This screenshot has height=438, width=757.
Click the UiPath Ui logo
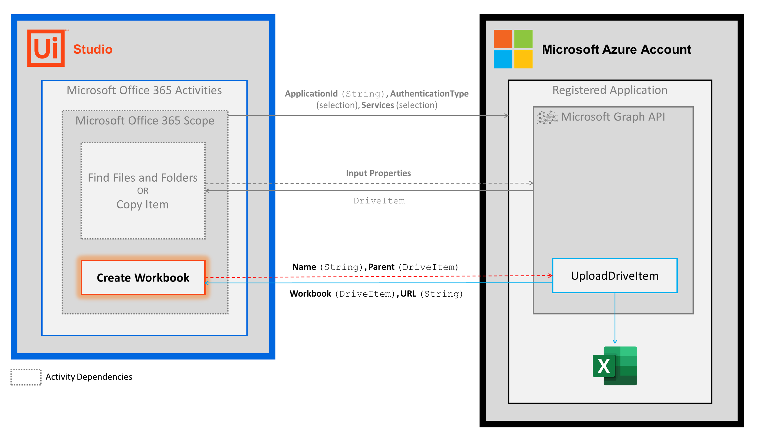[x=46, y=48]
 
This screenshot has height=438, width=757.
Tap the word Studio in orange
[x=93, y=49]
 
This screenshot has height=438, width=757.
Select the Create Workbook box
[x=143, y=277]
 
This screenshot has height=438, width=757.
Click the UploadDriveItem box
[x=614, y=276]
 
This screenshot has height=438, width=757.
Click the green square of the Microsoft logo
[x=523, y=39]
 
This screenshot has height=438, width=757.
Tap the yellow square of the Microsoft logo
[x=523, y=59]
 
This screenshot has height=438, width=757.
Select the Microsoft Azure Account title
[x=616, y=49]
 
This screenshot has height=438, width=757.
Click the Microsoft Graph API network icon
[x=547, y=117]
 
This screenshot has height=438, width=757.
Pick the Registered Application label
[x=610, y=90]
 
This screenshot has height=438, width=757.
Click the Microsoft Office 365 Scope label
[x=145, y=121]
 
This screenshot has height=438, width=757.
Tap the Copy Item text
[x=142, y=205]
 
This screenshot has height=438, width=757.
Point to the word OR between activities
[x=143, y=191]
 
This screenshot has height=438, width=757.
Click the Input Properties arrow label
[x=378, y=173]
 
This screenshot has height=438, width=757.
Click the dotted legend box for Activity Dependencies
[x=26, y=377]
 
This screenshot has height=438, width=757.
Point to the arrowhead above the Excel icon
[x=615, y=342]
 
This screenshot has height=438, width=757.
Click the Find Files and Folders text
[x=142, y=178]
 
